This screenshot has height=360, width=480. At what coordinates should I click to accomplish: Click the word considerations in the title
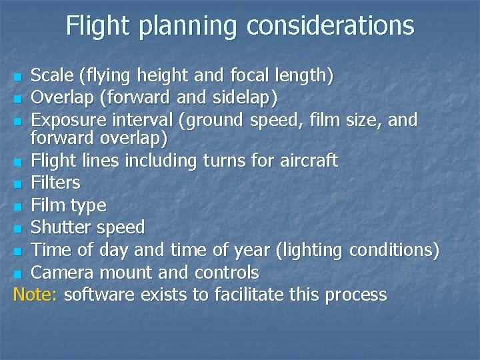click(x=330, y=26)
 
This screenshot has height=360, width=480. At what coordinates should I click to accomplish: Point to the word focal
click(x=248, y=75)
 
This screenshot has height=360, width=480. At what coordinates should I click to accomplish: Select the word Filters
click(x=56, y=183)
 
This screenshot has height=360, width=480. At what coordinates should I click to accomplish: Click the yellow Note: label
click(x=35, y=295)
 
